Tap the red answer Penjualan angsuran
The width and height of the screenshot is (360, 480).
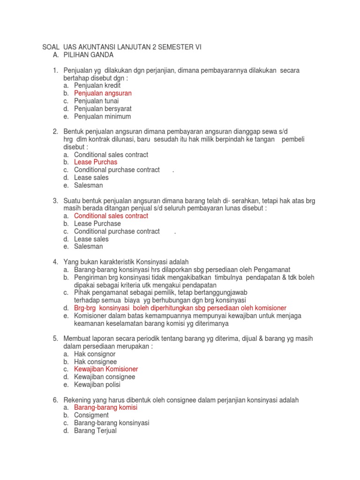[103, 93]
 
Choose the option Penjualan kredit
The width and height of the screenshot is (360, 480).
[97, 86]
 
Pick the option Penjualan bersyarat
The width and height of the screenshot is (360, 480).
[102, 109]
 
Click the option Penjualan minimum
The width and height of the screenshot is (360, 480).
[102, 116]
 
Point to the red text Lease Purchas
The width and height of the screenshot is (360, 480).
[96, 162]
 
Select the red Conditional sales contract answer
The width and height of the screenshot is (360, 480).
[111, 216]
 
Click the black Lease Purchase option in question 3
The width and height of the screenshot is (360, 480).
[97, 224]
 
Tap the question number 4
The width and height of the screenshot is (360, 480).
[55, 262]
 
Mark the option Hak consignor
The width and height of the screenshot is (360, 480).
[95, 354]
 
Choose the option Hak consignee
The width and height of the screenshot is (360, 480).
[95, 362]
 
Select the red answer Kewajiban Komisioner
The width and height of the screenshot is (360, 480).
[106, 369]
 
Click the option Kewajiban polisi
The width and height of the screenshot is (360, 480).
[97, 385]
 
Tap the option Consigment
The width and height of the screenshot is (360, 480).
[91, 415]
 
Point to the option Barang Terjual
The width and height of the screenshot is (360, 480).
[95, 430]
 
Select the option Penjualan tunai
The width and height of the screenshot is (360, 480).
[96, 101]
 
